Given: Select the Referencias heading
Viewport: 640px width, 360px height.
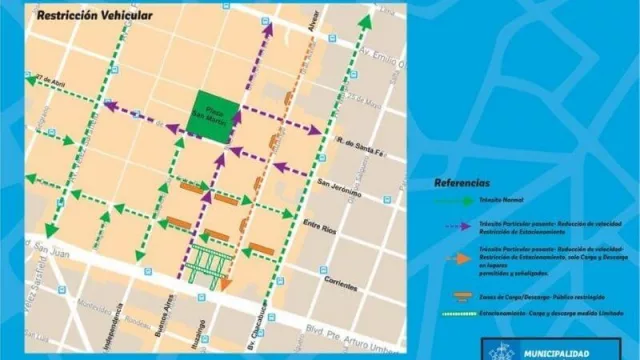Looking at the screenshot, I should tap(462, 183).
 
